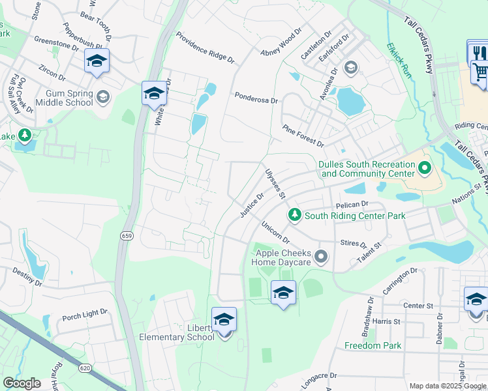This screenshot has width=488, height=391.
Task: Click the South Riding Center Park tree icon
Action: [x=295, y=215]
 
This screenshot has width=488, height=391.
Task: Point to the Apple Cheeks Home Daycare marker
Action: [x=320, y=257]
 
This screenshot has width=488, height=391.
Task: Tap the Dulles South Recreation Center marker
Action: [x=425, y=169]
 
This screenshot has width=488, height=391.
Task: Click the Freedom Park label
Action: [x=373, y=345]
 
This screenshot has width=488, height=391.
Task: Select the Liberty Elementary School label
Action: [x=177, y=332]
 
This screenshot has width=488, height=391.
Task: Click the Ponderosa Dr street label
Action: [x=256, y=98]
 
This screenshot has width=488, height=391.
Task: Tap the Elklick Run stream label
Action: [x=399, y=61]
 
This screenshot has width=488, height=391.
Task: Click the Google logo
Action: [x=22, y=384]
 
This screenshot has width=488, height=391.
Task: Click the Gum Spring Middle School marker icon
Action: [x=102, y=98]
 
